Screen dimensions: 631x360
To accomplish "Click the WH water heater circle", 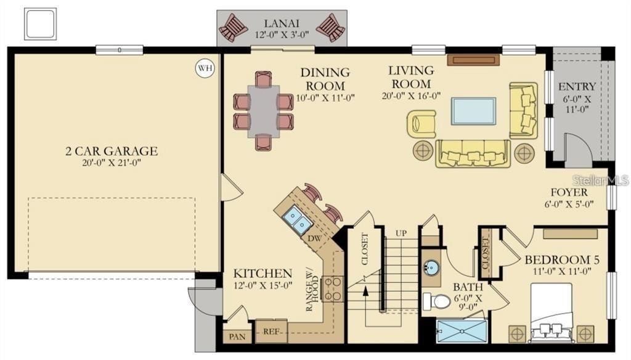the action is tap(205, 68).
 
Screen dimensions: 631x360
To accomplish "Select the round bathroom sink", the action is tap(432, 267).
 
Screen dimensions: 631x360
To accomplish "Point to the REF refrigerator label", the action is tap(271, 332).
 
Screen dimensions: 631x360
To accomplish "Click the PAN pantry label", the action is tap(237, 336).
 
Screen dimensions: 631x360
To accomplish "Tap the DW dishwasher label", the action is tap(315, 238).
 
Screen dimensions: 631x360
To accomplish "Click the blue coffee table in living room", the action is tap(473, 111).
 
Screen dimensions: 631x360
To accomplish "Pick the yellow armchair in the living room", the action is tap(421, 124).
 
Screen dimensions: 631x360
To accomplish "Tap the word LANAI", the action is tap(282, 23).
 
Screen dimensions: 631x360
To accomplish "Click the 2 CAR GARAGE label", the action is tap(112, 151).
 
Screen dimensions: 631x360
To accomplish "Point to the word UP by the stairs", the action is tap(401, 233).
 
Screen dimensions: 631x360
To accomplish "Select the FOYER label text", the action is tap(569, 192).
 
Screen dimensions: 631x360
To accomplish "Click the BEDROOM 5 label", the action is tap(562, 260).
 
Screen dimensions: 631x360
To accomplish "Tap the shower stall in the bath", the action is tap(462, 332).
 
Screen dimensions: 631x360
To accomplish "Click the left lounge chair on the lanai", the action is tap(233, 27).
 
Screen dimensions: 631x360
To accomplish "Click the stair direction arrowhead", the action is tap(365, 291).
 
